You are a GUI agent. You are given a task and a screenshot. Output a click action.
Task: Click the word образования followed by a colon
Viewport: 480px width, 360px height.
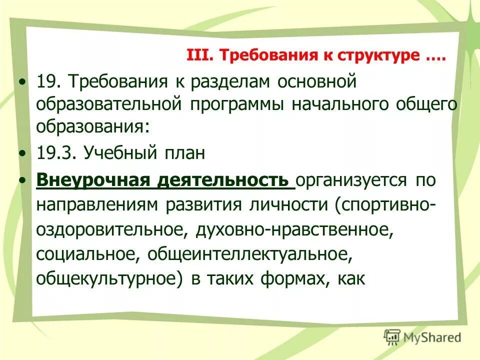coord(92,127)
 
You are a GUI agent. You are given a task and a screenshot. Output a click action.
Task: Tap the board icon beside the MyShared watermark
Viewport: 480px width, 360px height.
coord(392,337)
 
